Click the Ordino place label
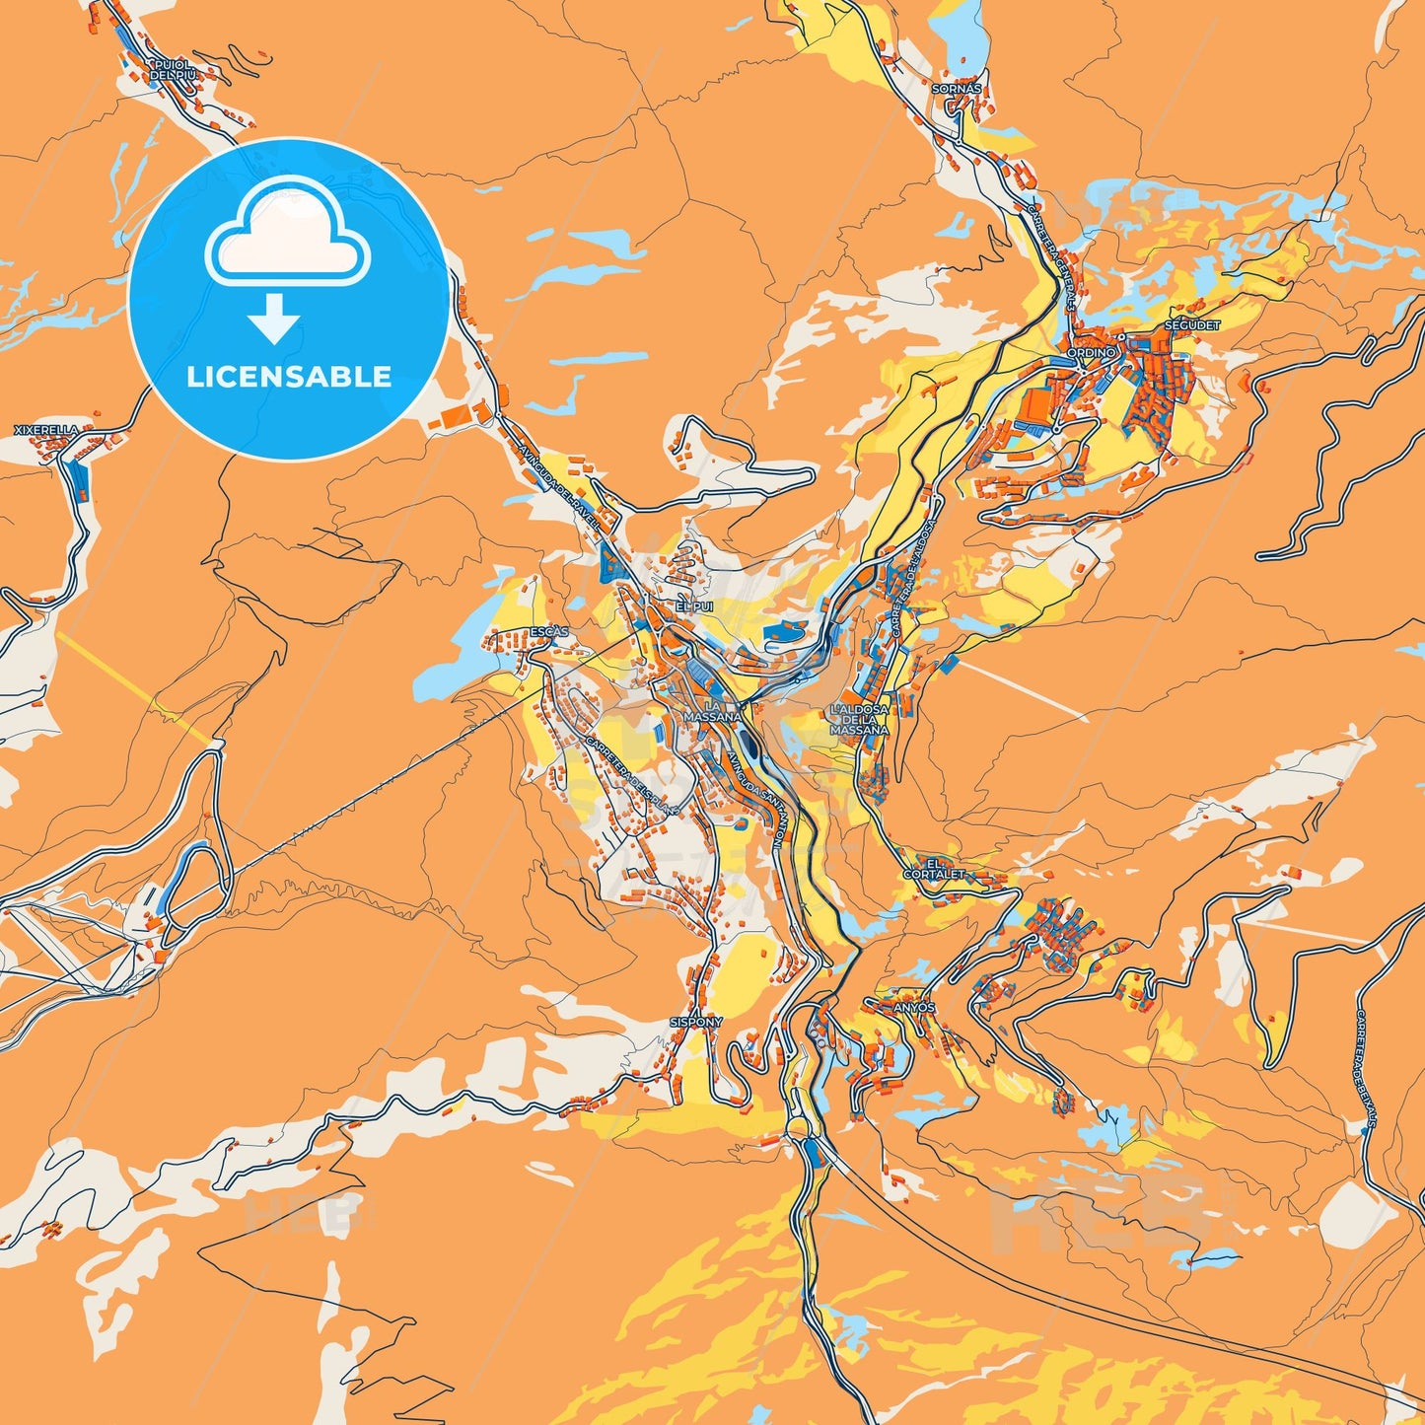(1092, 352)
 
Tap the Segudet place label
(1192, 324)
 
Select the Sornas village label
(957, 89)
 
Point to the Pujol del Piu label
(173, 70)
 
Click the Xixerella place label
(45, 431)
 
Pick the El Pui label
(693, 606)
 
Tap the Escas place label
(549, 631)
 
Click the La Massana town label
(712, 711)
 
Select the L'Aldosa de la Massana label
(859, 720)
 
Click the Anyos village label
(913, 1008)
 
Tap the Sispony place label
(696, 1023)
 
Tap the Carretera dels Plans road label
(632, 775)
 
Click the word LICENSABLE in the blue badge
(289, 377)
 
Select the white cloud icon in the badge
(287, 232)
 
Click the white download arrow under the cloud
(273, 318)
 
